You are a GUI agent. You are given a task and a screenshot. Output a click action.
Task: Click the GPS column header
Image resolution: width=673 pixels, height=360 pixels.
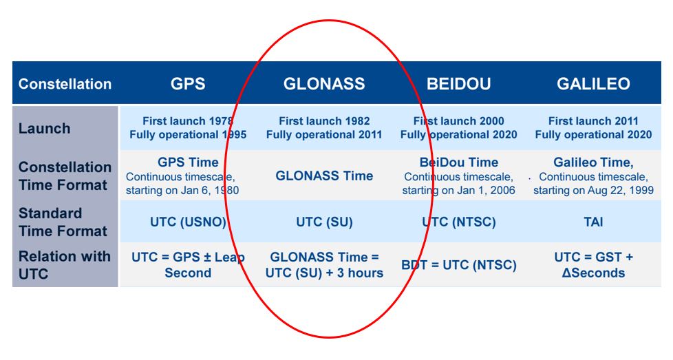point(188,84)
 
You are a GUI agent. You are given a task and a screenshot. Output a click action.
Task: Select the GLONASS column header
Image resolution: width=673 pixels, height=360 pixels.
point(324,84)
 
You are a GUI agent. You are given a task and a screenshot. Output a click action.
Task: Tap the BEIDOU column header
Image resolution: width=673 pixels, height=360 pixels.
point(458,84)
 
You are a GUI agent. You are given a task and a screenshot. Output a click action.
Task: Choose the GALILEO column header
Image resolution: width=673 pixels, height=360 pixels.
point(593,84)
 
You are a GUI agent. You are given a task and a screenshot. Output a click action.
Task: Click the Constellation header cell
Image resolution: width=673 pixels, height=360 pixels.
point(65,84)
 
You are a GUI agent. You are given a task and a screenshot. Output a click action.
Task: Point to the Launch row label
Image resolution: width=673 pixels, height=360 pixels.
point(44,129)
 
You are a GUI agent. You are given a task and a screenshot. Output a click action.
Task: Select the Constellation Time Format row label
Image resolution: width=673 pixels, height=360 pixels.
point(65,176)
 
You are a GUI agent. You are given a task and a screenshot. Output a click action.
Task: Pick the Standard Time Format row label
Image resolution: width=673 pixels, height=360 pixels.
point(63,222)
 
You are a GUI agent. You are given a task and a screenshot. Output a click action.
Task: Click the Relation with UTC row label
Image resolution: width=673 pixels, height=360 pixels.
point(65,265)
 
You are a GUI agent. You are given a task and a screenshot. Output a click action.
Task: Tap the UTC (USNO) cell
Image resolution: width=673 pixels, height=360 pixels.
point(188,222)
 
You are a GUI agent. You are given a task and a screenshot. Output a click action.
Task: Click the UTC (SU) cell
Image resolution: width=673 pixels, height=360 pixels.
point(324,222)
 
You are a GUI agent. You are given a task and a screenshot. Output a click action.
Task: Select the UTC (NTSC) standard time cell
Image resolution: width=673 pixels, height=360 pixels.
point(458,222)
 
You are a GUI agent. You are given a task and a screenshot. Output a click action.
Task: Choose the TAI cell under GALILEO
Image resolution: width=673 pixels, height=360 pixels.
point(593,222)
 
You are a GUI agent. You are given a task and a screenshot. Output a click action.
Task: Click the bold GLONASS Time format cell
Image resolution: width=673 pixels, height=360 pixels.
point(324,176)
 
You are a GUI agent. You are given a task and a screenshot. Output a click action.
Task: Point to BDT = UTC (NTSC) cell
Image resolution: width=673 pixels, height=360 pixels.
point(458,265)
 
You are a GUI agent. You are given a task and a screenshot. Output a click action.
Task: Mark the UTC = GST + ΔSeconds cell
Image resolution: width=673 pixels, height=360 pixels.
point(593,265)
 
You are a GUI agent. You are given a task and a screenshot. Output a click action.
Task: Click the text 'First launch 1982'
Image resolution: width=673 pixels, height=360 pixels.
point(324,121)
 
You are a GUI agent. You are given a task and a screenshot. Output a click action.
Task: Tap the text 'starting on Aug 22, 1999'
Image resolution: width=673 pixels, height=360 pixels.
point(593,190)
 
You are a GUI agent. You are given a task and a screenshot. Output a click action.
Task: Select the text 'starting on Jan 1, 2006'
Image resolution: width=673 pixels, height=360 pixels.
point(458,190)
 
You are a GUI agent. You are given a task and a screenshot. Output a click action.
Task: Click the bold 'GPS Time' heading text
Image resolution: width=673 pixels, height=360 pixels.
point(188,163)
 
